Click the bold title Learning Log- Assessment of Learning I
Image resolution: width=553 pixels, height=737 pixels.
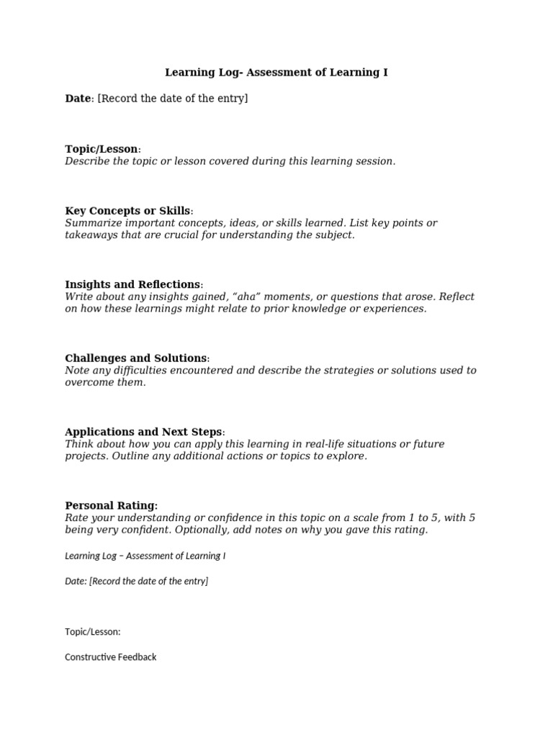pos(276,73)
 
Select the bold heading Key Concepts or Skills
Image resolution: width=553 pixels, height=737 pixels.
pos(127,211)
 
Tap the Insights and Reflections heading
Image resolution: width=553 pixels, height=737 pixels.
pos(132,284)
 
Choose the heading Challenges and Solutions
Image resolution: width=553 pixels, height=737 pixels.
pos(136,358)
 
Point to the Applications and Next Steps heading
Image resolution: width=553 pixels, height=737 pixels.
pos(143,432)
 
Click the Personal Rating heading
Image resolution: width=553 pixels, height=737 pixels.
pos(111,506)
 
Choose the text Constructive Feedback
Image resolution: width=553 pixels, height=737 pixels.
pos(110,657)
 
